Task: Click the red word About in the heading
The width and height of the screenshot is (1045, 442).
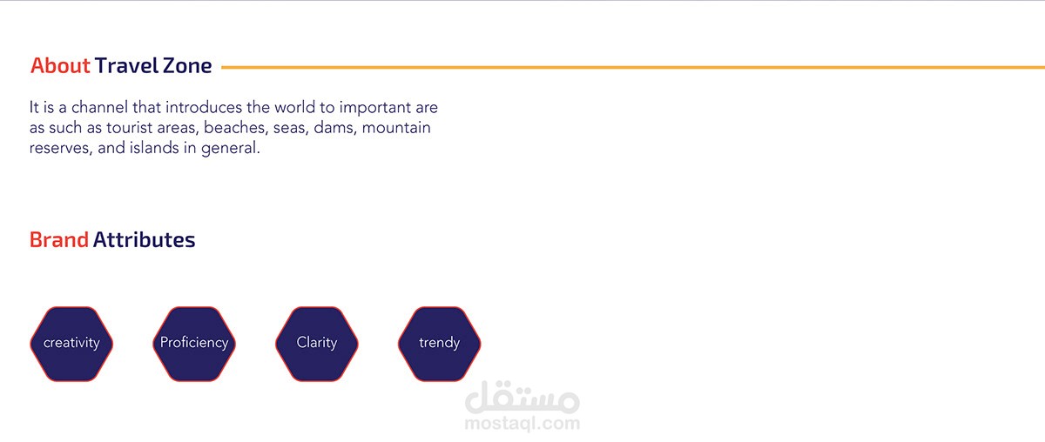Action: (60, 66)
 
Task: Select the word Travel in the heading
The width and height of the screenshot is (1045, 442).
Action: (127, 66)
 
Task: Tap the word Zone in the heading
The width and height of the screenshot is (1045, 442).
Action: (187, 66)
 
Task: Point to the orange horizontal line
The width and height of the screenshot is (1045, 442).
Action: (633, 68)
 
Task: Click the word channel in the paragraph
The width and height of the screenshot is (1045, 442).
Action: (99, 107)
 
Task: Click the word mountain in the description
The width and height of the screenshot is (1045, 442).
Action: (396, 127)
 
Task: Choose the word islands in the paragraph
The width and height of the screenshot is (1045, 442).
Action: (154, 148)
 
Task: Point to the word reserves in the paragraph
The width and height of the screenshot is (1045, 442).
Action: (61, 149)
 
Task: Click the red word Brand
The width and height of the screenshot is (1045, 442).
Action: (59, 239)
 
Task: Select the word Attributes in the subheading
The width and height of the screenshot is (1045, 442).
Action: (144, 239)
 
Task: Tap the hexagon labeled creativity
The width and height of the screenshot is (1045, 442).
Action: (71, 344)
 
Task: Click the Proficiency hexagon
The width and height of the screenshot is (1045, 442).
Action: (194, 344)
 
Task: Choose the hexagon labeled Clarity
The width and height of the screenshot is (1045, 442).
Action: (317, 344)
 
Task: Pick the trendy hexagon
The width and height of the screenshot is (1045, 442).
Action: (440, 344)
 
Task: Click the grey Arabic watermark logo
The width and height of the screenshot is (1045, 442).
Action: (522, 398)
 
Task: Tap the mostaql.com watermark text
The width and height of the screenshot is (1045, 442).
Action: (522, 424)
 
